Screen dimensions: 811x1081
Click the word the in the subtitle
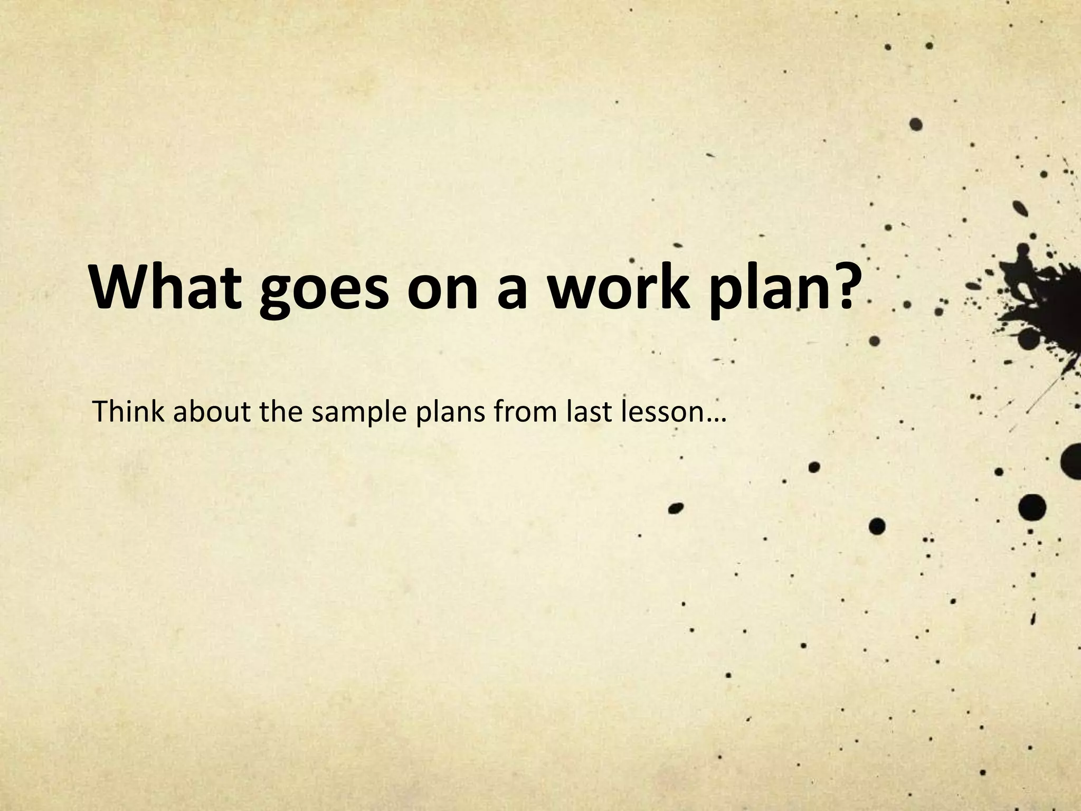(x=280, y=412)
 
